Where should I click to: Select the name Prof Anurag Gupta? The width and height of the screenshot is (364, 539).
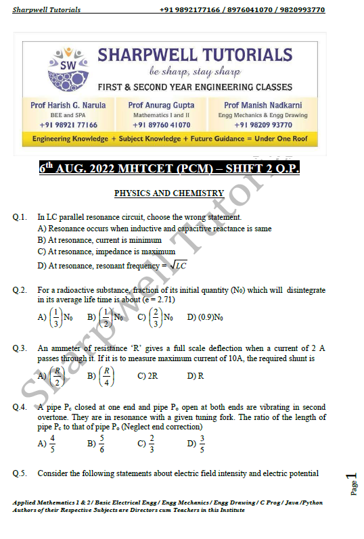coord(161,105)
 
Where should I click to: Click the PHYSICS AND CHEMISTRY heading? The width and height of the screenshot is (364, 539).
coord(168,193)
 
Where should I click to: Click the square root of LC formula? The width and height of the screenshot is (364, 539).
coord(178,266)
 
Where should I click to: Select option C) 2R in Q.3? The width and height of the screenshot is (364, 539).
coord(147,376)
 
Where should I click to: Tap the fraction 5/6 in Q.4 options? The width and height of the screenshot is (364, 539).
coord(101,444)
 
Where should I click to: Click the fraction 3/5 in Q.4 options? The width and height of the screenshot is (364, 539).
coord(202,444)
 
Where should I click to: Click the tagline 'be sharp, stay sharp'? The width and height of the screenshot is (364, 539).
coord(195,71)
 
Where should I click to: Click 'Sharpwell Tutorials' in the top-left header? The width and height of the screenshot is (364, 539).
coord(47,10)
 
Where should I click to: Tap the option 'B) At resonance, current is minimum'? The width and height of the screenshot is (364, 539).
coord(99,240)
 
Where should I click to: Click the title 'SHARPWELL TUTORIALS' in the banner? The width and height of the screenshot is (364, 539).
coord(195,55)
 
